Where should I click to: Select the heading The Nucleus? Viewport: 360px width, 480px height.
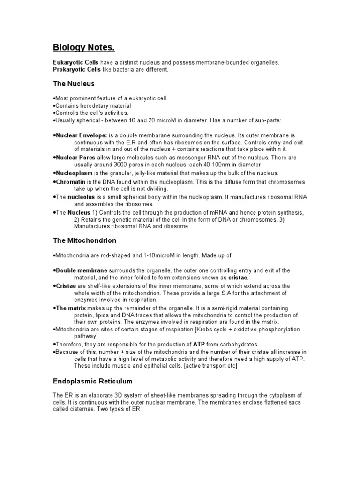click(x=74, y=84)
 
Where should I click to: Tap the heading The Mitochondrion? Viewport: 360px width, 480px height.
click(x=84, y=240)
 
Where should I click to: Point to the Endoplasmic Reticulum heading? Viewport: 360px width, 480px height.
click(x=92, y=381)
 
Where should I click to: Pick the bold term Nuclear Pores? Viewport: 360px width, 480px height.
click(x=75, y=158)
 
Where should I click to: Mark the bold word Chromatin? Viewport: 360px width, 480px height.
click(x=70, y=181)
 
